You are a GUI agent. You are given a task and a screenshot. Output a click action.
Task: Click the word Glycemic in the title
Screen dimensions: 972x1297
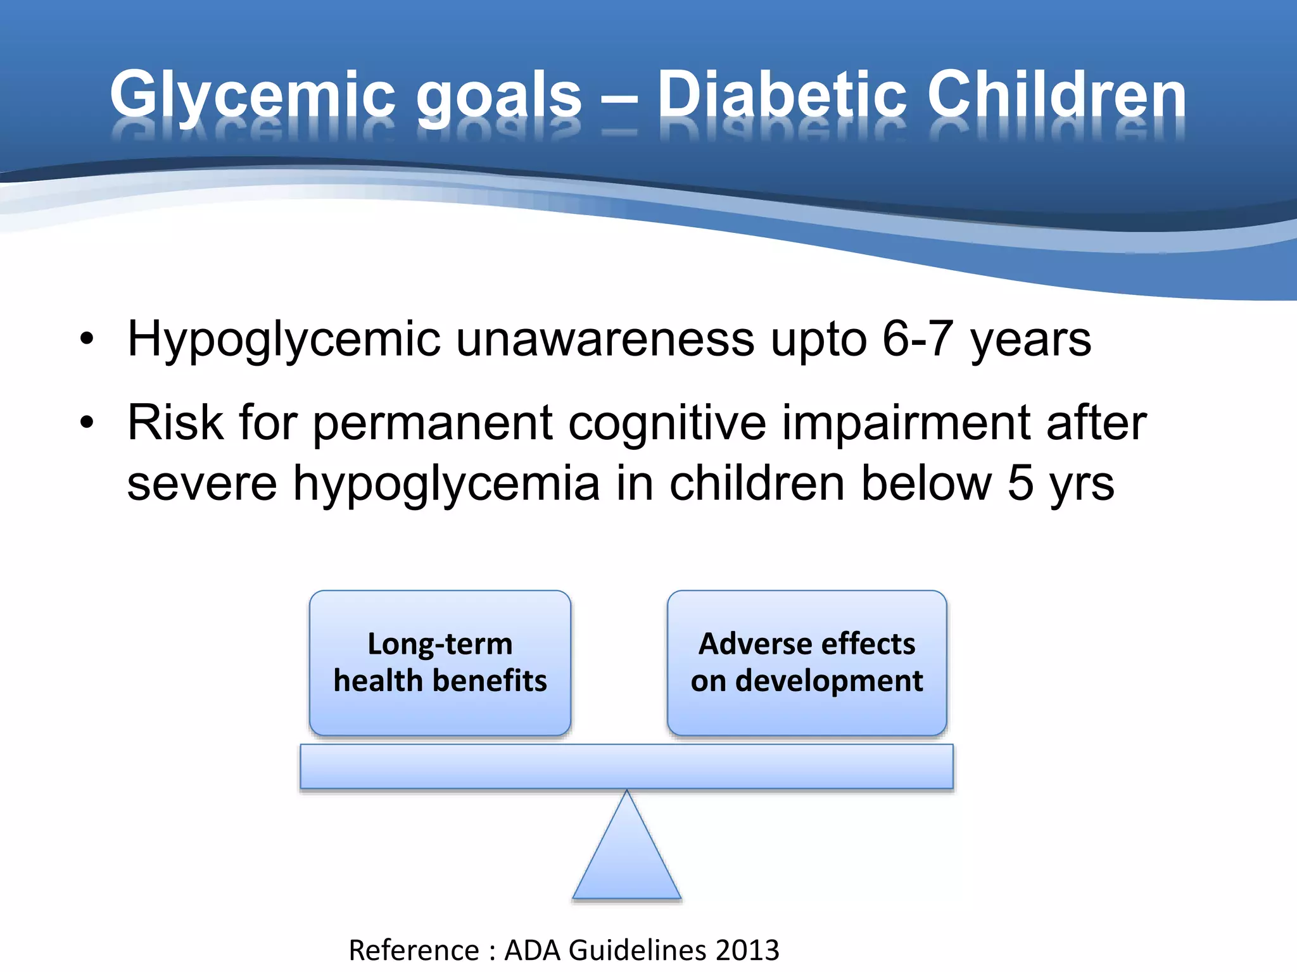[x=252, y=95]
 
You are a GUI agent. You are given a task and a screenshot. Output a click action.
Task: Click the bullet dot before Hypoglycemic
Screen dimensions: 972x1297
[x=87, y=339]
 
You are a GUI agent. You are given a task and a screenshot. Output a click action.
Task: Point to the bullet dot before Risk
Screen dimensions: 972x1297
[x=87, y=423]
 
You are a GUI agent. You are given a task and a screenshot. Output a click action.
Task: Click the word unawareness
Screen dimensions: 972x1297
[x=605, y=339]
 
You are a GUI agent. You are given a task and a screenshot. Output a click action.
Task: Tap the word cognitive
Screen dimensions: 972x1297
[x=667, y=423]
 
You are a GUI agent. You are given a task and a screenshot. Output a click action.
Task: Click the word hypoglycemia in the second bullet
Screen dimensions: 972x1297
[x=446, y=483]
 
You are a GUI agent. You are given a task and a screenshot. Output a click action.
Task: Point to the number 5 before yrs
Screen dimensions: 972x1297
[x=1020, y=483]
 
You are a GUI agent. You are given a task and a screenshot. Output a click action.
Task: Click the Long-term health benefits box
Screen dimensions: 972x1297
[x=440, y=663]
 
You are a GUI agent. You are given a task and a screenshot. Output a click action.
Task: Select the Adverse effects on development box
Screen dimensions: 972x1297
[x=807, y=663]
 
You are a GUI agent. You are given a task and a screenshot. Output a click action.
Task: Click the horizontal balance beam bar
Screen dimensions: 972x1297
[x=627, y=766]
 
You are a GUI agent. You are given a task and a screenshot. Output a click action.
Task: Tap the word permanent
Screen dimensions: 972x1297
[x=433, y=423]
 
